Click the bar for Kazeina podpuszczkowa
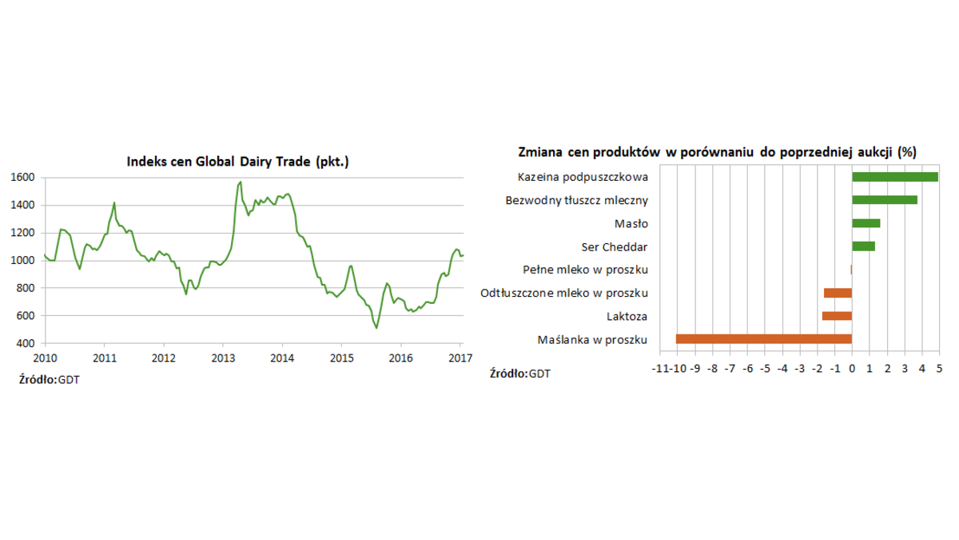[x=894, y=177]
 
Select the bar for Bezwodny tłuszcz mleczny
[x=884, y=200]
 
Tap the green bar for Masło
[x=865, y=223]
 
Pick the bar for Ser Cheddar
[x=863, y=246]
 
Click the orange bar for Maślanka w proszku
[x=763, y=339]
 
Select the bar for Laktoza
[x=837, y=316]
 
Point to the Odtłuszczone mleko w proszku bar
[x=838, y=293]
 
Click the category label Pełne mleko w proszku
[x=585, y=270]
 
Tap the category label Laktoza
[x=627, y=316]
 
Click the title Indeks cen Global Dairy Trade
[x=238, y=162]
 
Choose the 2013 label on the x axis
[x=222, y=358]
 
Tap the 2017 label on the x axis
[x=460, y=358]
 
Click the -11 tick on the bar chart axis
[x=659, y=369]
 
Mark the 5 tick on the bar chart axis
[x=939, y=369]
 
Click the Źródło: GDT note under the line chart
[x=49, y=378]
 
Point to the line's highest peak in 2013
[x=240, y=182]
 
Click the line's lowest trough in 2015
[x=376, y=327]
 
